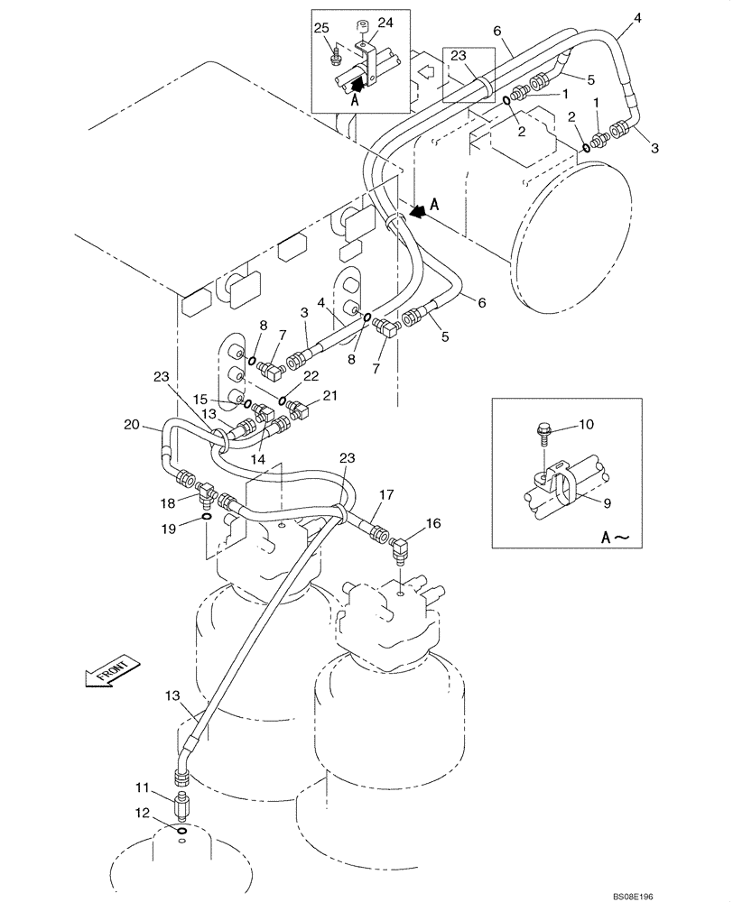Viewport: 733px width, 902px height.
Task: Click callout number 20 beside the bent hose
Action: (x=132, y=426)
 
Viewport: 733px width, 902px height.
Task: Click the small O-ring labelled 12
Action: (x=182, y=831)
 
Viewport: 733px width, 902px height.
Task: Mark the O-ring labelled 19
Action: (x=207, y=517)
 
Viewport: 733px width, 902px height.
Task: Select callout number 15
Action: (x=201, y=397)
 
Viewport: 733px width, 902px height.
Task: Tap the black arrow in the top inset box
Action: (x=359, y=86)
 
